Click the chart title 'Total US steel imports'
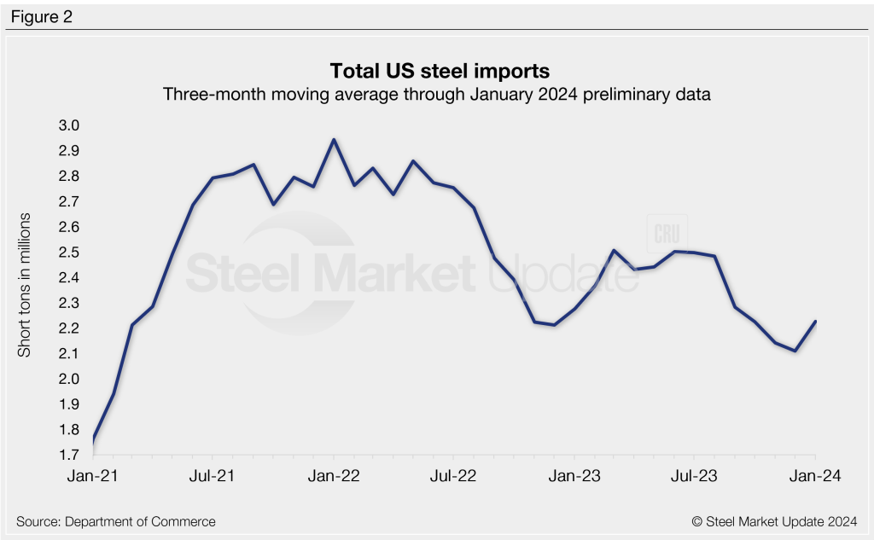pyautogui.click(x=437, y=69)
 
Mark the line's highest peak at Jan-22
pyautogui.click(x=334, y=139)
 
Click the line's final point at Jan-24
pyautogui.click(x=815, y=322)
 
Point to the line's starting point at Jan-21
pyautogui.click(x=92, y=441)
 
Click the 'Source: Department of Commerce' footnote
pyautogui.click(x=115, y=521)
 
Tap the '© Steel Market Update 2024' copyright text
pyautogui.click(x=773, y=521)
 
